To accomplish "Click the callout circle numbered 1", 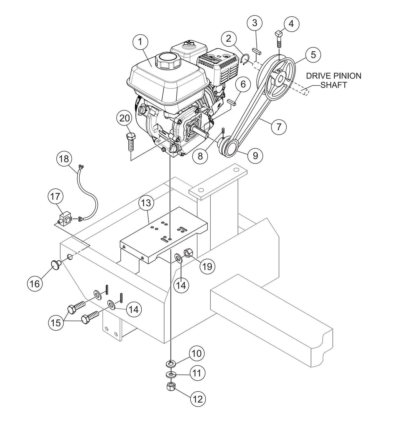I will point(140,42).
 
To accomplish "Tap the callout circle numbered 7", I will point(279,127).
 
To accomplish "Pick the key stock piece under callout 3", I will point(257,51).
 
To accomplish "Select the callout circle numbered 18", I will point(64,159).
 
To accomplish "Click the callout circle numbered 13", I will point(146,203).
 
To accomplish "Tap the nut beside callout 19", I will point(189,253).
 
